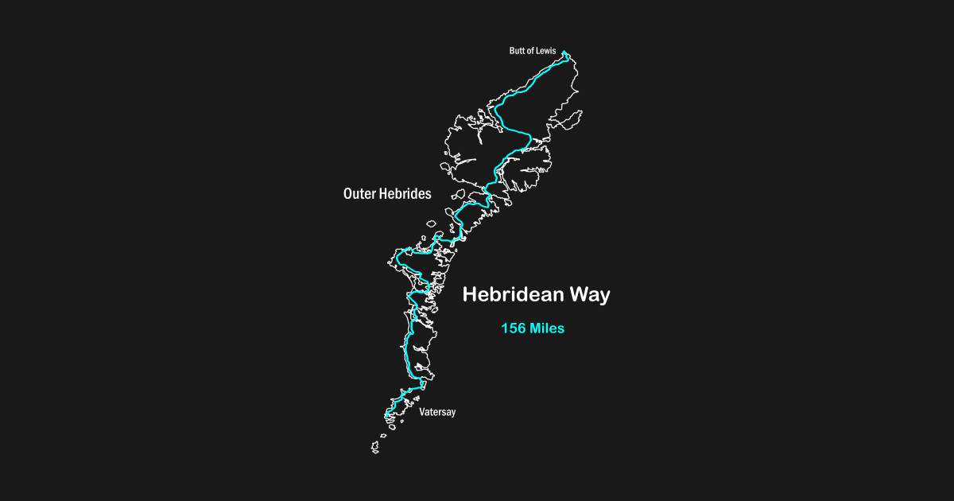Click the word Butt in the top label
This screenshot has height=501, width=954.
(x=518, y=51)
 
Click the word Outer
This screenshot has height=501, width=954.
(x=359, y=193)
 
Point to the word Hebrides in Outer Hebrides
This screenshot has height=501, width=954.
(x=405, y=193)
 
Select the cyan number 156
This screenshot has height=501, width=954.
(x=513, y=328)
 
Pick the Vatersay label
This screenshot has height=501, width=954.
(x=437, y=412)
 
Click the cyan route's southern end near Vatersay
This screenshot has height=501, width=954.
(x=386, y=416)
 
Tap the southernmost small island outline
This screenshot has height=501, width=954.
(x=375, y=449)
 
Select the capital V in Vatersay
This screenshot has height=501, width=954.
(x=422, y=412)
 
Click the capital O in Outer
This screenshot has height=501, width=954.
(x=348, y=193)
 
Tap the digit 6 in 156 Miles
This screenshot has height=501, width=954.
(x=521, y=328)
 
